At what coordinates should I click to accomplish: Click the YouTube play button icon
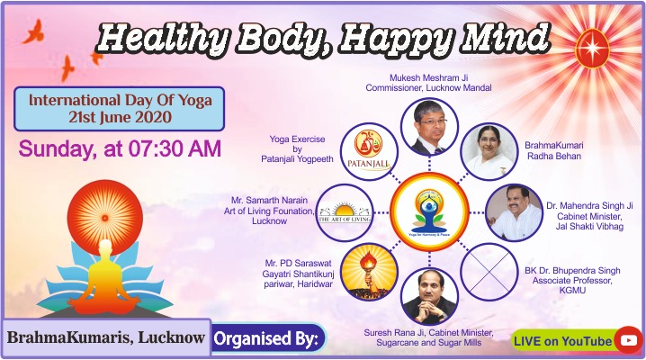628,340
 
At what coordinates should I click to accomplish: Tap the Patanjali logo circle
369,152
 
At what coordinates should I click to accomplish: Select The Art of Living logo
345,212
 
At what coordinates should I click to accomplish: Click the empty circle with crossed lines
489,272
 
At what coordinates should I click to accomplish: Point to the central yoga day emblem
429,212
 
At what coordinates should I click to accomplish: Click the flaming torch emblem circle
369,272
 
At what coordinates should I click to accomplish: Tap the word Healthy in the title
162,39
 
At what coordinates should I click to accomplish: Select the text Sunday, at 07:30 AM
120,148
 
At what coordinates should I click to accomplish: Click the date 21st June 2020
120,117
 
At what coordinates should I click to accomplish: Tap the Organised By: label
266,339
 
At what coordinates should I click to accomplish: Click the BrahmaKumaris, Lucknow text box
106,337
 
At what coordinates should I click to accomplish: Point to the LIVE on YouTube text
563,341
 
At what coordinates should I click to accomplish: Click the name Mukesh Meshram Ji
429,77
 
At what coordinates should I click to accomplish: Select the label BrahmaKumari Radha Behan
554,151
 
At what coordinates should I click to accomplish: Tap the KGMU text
572,291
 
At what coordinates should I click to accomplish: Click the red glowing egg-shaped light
592,49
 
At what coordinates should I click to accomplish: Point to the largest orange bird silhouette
34,31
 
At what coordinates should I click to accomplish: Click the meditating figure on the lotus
104,277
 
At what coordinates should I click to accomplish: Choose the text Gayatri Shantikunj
298,274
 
